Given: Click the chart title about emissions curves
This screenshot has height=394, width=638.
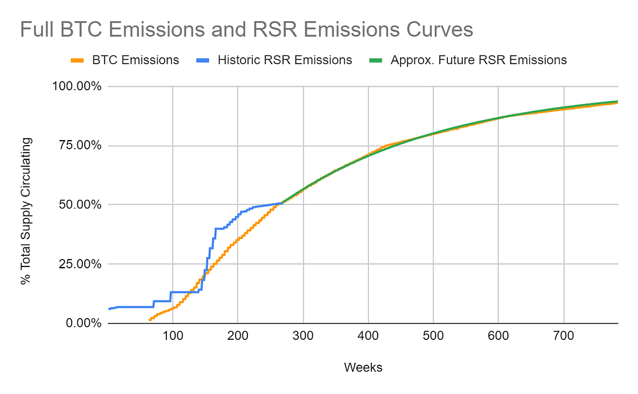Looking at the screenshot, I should click(x=246, y=30).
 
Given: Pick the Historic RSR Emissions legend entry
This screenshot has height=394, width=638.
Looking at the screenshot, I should click(x=285, y=60).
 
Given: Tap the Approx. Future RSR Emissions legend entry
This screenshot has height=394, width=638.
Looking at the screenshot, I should click(x=478, y=60).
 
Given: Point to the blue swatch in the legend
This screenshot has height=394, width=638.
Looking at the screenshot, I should click(x=203, y=60).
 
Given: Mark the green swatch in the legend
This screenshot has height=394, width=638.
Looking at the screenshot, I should click(x=376, y=60).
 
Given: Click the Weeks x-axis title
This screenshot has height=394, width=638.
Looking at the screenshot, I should click(x=363, y=367).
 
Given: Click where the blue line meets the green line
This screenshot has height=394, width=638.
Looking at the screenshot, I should click(x=282, y=202).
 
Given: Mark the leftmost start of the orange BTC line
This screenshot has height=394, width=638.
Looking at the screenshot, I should click(x=150, y=319).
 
